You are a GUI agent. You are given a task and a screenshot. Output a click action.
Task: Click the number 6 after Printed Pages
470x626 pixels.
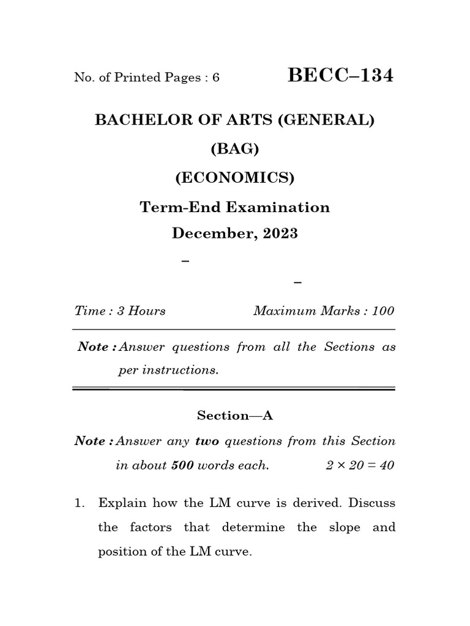[216, 78]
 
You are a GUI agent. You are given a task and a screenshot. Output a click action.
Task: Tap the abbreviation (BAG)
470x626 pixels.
[235, 149]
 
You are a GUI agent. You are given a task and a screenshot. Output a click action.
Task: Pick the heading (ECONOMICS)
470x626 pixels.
[235, 178]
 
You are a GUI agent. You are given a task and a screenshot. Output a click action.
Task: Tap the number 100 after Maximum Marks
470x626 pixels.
[383, 311]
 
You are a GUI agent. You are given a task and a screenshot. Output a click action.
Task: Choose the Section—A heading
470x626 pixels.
[235, 416]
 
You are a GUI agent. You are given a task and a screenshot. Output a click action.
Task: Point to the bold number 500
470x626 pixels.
[182, 465]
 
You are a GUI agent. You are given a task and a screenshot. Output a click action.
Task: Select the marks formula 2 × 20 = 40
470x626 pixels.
[360, 465]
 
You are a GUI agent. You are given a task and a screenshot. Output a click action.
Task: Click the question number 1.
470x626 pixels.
[79, 503]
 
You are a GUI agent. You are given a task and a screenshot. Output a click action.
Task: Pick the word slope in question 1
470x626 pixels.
[345, 528]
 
